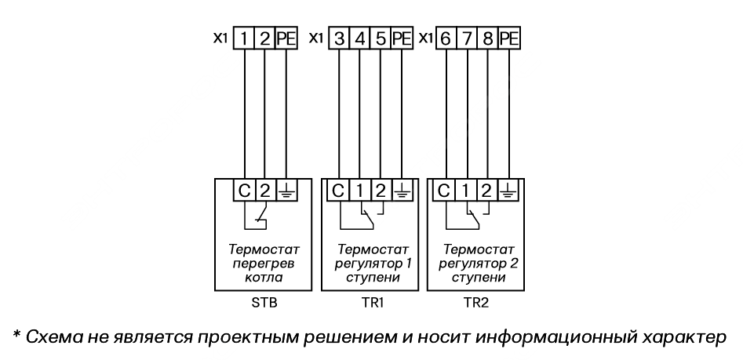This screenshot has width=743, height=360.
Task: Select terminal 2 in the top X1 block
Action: [x=264, y=38]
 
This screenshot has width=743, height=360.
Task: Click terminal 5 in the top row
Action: [x=380, y=38]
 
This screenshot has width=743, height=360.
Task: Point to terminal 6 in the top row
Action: [x=446, y=38]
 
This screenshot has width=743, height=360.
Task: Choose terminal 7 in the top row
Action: [x=467, y=38]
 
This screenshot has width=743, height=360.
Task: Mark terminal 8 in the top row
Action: [x=487, y=38]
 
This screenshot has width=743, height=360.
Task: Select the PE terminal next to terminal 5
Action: [x=401, y=38]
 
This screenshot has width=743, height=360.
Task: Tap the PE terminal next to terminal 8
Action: [x=509, y=38]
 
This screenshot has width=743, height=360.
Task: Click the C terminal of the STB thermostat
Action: [x=244, y=190]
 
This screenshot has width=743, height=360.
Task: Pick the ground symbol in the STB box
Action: [x=286, y=190]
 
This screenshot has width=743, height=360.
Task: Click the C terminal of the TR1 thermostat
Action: [x=338, y=190]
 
